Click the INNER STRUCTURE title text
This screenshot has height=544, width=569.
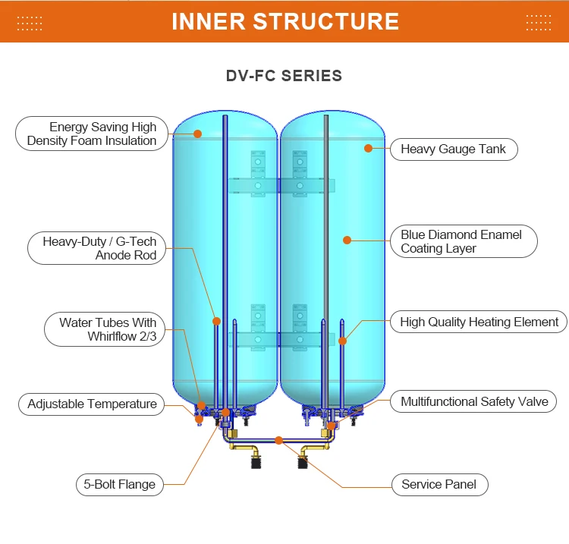[x=284, y=21]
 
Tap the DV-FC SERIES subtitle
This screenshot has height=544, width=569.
[x=284, y=76]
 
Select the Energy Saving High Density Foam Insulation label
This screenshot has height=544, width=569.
[x=91, y=134]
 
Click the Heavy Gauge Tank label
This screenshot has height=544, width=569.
[x=453, y=149]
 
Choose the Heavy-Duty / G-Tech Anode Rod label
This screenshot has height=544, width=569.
[x=98, y=248]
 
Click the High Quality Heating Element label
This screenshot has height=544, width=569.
[x=479, y=322]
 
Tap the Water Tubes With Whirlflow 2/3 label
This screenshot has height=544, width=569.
[x=105, y=330]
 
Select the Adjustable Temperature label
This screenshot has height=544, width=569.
[x=92, y=404]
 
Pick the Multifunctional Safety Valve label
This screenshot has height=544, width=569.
[x=474, y=401]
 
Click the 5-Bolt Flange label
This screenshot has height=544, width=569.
[x=119, y=484]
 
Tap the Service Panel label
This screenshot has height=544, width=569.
[x=439, y=484]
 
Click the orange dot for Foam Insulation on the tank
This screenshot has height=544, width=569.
[x=197, y=134]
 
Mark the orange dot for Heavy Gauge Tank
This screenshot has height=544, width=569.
[x=369, y=149]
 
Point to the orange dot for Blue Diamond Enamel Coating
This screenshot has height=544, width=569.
[x=347, y=241]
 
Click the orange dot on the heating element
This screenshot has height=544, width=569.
[x=342, y=341]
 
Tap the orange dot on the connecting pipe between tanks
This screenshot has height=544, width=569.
[x=278, y=440]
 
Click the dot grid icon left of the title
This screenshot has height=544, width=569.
[x=30, y=22]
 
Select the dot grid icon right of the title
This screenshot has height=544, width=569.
[x=539, y=22]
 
